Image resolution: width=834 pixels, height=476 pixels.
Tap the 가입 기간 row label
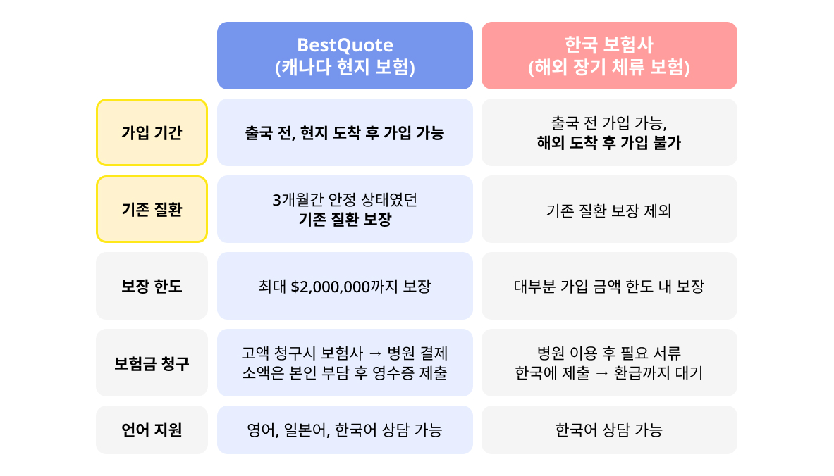pos(152,132)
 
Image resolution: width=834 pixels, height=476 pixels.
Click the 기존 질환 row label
pos(152,209)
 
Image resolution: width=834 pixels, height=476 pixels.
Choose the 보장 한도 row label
pos(152,286)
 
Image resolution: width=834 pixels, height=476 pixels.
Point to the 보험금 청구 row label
pos(152,363)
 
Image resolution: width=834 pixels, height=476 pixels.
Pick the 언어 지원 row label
pos(152,430)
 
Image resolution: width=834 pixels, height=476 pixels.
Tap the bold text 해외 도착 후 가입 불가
pos(608,143)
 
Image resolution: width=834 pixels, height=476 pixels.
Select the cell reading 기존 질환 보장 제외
pos(608,210)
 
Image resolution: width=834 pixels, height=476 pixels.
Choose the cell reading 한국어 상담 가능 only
pos(608,430)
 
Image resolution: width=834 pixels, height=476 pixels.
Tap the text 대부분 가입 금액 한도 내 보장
pos(608,287)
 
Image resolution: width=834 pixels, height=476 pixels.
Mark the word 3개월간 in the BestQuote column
pos(293,200)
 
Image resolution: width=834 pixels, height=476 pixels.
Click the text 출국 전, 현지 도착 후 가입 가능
pos(345,132)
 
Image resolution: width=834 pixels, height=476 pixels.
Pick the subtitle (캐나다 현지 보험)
pos(345,68)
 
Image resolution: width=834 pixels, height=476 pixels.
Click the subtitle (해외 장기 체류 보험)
pos(608,68)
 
